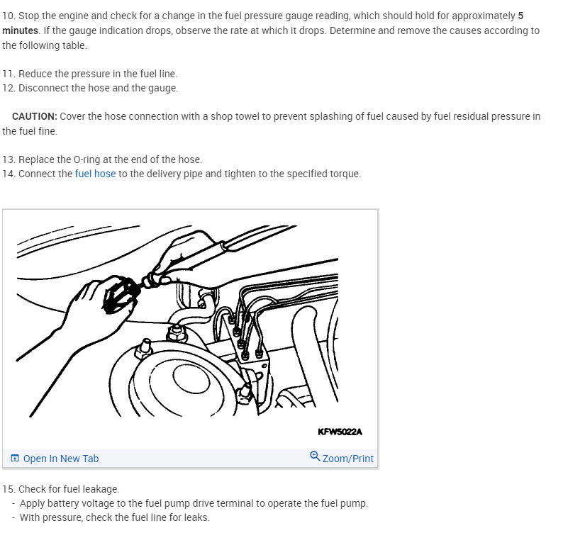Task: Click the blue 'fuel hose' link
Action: (x=95, y=174)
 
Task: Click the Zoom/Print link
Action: (x=347, y=459)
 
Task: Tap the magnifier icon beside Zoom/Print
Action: (x=315, y=456)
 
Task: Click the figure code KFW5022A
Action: (x=340, y=432)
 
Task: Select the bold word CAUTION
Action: (x=35, y=116)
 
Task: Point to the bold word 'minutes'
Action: (x=20, y=30)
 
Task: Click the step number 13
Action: (x=8, y=159)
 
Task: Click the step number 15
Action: (x=8, y=489)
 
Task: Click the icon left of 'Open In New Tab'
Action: (x=15, y=458)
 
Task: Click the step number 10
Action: (x=8, y=16)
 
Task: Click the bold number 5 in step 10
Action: (x=520, y=16)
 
